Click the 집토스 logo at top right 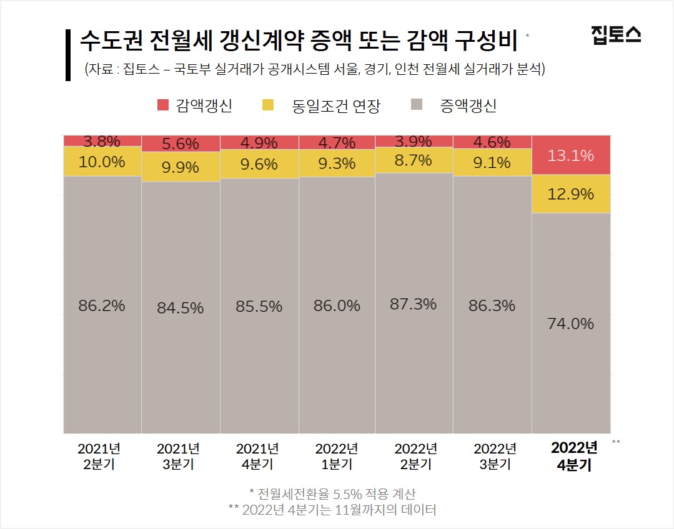pos(615,34)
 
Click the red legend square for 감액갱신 pos(163,105)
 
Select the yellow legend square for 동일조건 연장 pos(269,105)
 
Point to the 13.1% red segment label pos(570,155)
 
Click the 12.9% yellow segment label pos(570,194)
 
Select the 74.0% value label pos(570,324)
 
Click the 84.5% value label pos(181,308)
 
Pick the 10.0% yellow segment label pos(102,162)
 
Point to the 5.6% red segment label pos(181,143)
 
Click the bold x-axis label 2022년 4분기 pos(573,457)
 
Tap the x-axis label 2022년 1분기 pos(337,457)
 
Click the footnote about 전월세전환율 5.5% pos(332,494)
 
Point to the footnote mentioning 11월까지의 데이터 pos(332,510)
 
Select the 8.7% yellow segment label pos(413,160)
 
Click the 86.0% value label pos(337,306)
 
